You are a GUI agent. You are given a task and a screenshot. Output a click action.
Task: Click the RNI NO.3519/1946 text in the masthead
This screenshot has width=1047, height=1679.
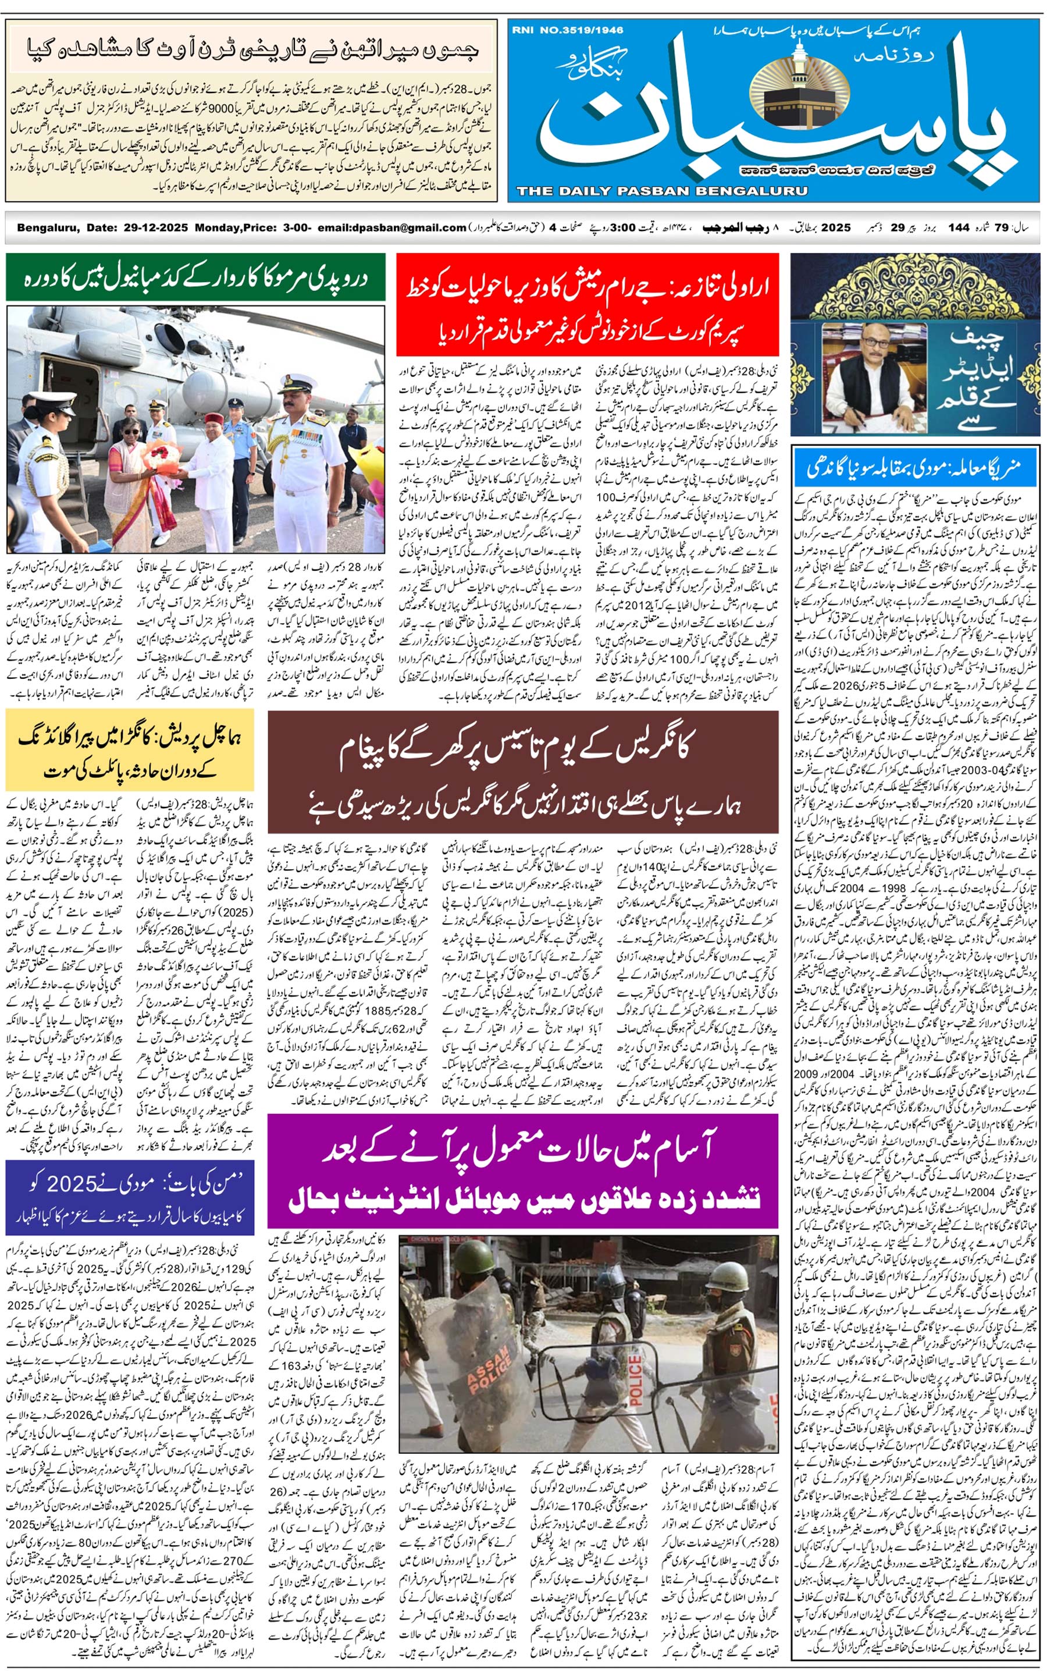(x=567, y=30)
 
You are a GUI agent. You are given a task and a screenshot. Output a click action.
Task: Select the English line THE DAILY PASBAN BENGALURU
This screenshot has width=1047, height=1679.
(x=661, y=191)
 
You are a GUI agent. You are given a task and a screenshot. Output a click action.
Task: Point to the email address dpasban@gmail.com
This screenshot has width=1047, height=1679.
(x=408, y=228)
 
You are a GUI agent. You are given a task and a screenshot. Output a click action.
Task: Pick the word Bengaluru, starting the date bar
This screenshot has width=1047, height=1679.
(x=47, y=228)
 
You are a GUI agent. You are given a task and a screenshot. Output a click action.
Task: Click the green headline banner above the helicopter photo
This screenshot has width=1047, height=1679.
(x=195, y=278)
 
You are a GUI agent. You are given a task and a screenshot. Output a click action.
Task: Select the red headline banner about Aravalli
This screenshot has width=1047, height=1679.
(x=587, y=305)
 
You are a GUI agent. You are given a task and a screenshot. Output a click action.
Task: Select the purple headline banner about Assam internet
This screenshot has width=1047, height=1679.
(x=523, y=1171)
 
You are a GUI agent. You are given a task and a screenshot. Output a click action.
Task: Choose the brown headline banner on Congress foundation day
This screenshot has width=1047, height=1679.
(x=523, y=772)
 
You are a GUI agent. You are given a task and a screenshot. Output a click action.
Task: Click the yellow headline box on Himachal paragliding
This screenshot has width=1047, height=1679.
(x=130, y=750)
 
